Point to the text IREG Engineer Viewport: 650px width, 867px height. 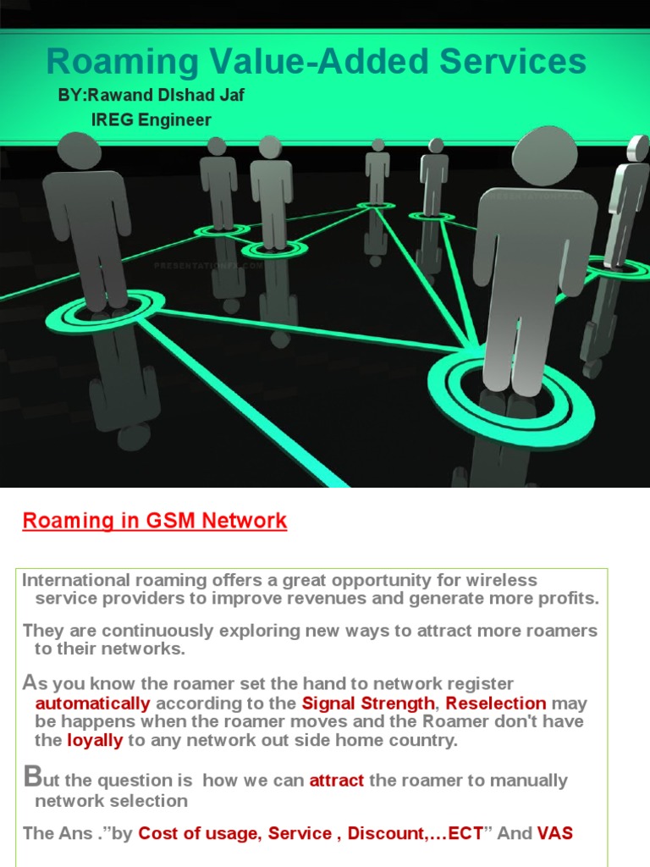point(151,120)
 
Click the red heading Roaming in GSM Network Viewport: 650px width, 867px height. point(155,521)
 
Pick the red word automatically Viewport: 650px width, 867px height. point(93,704)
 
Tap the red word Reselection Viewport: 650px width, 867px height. point(496,704)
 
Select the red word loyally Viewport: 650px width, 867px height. point(95,740)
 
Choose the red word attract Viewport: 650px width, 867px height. point(337,781)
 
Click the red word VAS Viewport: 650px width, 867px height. point(554,833)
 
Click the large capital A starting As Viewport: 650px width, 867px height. point(30,682)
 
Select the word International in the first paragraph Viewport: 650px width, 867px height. point(74,580)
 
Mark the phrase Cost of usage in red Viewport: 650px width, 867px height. point(199,833)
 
